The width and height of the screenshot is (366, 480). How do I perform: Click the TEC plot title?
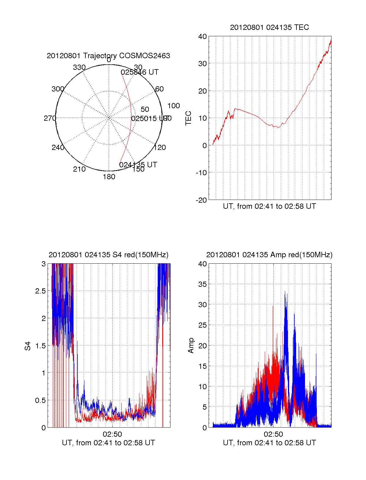[269, 27]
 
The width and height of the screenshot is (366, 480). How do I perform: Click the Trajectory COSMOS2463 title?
[108, 56]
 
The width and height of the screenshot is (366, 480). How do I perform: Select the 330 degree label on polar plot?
[79, 67]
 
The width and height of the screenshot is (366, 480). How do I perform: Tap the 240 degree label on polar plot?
[58, 148]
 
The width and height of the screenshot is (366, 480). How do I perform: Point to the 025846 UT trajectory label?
[140, 72]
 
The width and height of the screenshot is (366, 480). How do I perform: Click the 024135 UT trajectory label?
[138, 165]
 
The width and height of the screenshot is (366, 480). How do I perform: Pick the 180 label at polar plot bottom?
[109, 177]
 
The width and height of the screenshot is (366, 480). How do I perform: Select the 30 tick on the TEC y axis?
[203, 64]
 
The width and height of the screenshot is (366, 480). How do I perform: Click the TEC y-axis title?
[188, 118]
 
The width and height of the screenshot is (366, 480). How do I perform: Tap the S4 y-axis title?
[28, 346]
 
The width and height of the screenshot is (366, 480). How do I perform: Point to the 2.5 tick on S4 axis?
[41, 291]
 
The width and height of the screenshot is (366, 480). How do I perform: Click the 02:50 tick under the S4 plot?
[112, 434]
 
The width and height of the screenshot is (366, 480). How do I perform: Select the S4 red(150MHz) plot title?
[108, 255]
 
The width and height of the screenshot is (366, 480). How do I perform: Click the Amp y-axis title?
[191, 345]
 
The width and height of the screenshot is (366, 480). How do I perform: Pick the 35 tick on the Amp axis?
[203, 284]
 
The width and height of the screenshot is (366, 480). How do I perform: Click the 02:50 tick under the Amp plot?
[273, 434]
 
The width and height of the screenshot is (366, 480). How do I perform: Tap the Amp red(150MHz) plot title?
[269, 255]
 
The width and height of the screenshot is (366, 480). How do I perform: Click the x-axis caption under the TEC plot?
[269, 206]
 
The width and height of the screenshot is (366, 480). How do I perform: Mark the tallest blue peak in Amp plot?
[285, 292]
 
